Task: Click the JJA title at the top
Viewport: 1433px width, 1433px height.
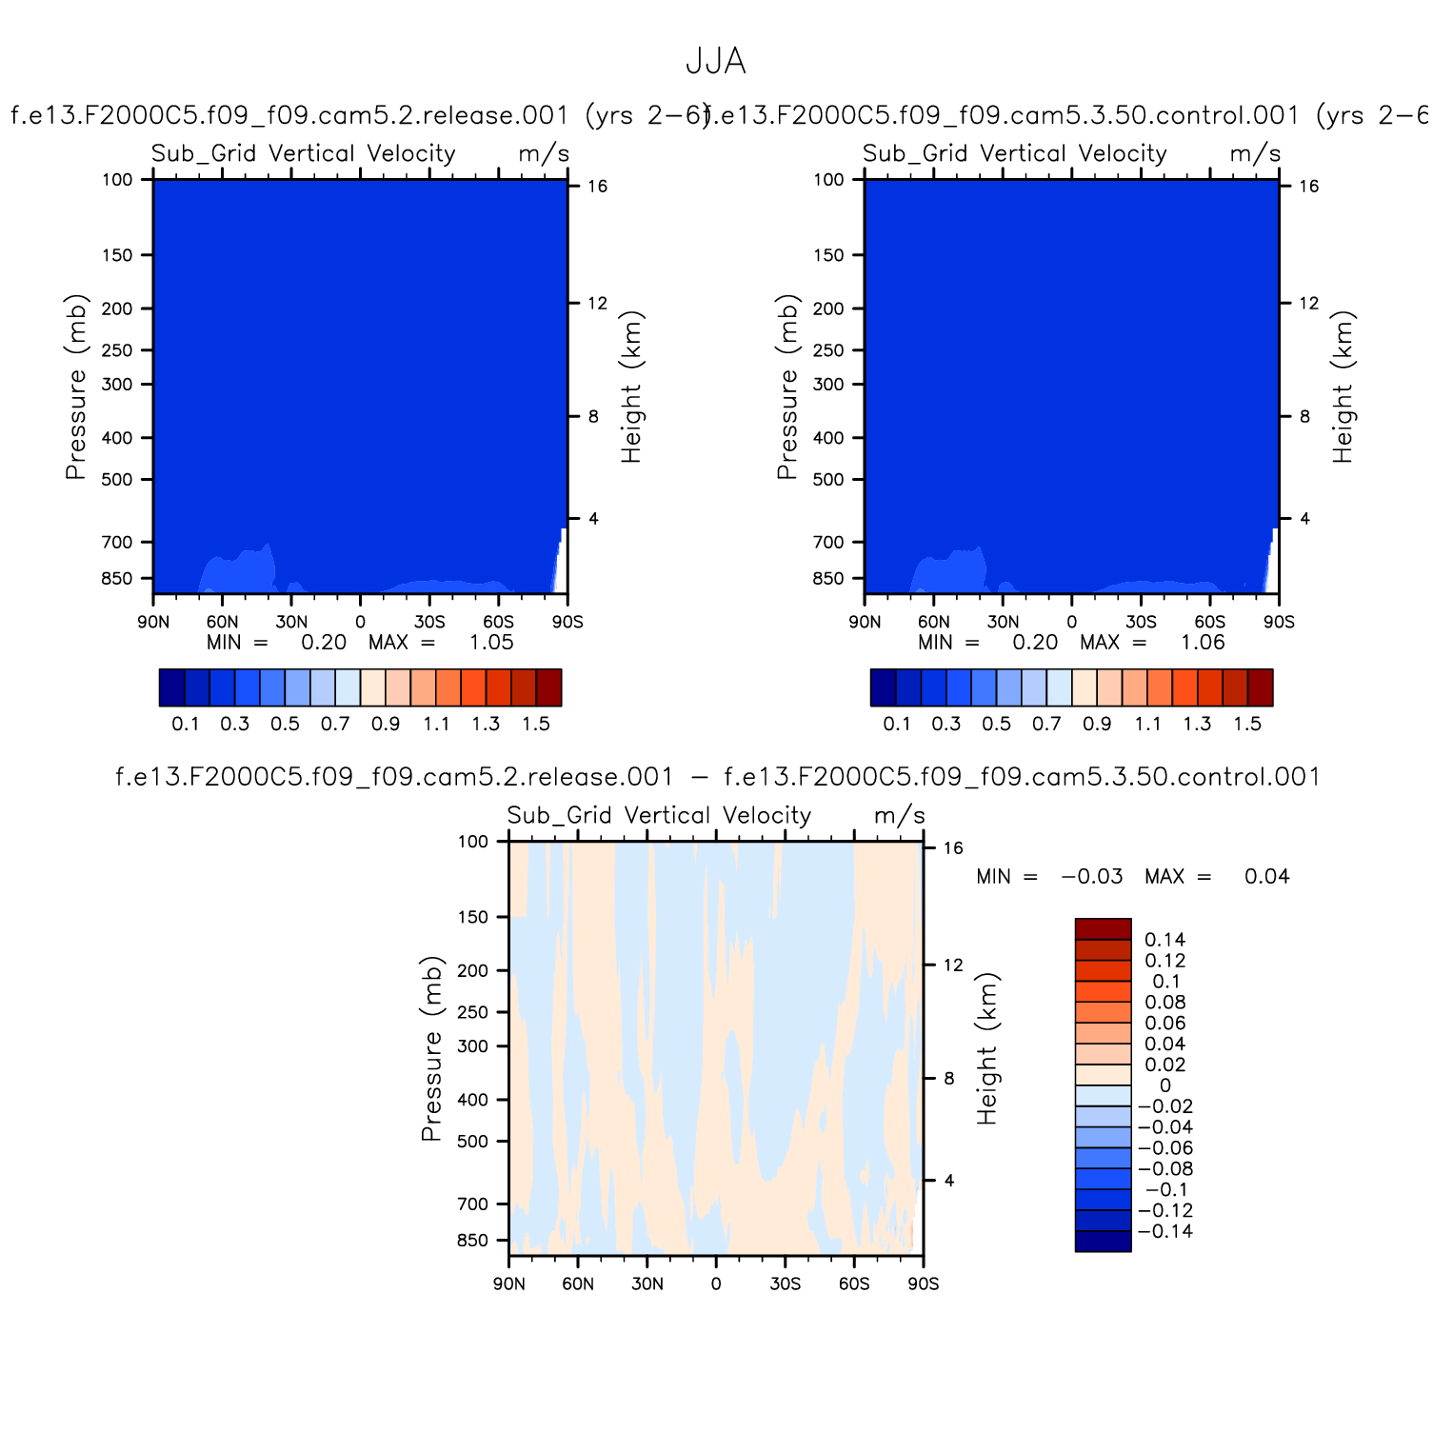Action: [x=715, y=62]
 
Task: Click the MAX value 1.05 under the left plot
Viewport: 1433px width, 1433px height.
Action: [x=491, y=643]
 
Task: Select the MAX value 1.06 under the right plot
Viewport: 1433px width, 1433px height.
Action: [x=1203, y=643]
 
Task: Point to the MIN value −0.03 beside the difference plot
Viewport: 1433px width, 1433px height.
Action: [x=1092, y=877]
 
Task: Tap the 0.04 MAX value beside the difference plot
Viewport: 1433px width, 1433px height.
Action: [x=1266, y=877]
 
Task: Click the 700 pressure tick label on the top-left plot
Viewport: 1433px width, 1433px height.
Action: [x=117, y=543]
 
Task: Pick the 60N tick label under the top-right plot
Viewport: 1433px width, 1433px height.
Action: [x=933, y=622]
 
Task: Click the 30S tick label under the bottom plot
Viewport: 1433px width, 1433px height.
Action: [x=785, y=1284]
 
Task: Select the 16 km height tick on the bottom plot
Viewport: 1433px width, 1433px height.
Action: [x=953, y=848]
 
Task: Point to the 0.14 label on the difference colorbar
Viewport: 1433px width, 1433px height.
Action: [x=1164, y=940]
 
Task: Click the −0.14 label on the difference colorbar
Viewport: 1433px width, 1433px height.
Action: [x=1164, y=1231]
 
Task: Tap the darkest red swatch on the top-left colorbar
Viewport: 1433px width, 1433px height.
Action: [x=548, y=687]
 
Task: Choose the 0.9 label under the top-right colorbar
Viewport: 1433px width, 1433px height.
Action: [x=1097, y=724]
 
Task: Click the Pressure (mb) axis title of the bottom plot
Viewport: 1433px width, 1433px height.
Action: [x=431, y=1048]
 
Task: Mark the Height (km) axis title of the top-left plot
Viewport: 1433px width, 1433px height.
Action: [x=631, y=387]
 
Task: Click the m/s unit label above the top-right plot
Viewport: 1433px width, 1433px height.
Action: [x=1255, y=153]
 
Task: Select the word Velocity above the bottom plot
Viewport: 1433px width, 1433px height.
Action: [x=766, y=816]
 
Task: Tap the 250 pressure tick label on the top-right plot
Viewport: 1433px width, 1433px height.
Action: [x=828, y=350]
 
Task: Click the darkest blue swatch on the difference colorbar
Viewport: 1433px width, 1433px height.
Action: [x=1103, y=1241]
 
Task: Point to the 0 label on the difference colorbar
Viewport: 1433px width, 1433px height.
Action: [x=1164, y=1085]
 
